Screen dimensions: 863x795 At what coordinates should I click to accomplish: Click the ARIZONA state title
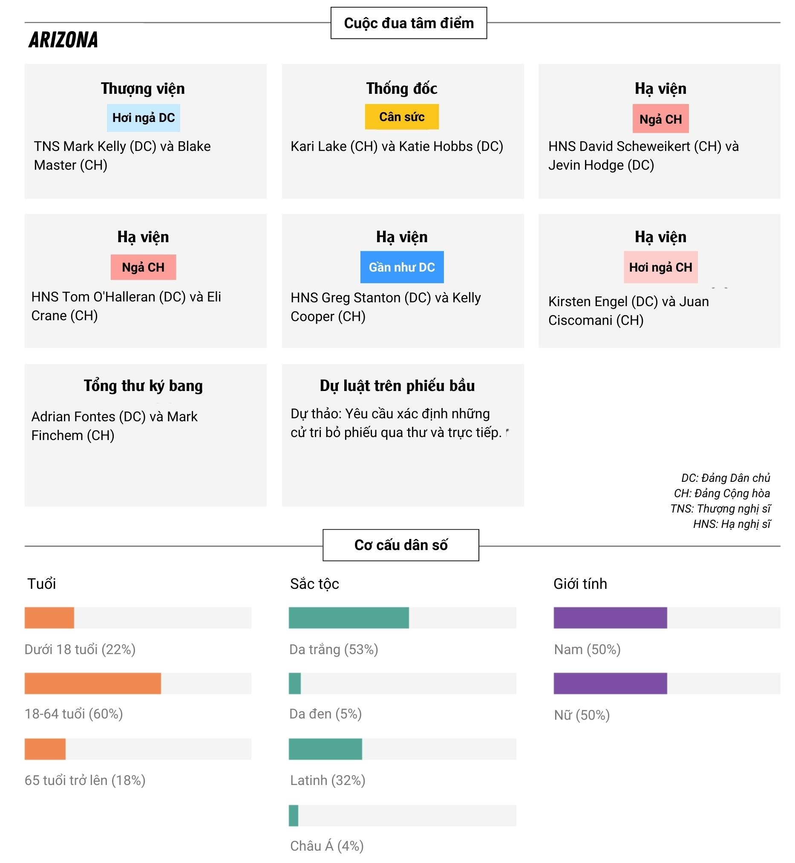tap(63, 40)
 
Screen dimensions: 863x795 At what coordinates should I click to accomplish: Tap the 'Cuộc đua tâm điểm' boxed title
tap(408, 23)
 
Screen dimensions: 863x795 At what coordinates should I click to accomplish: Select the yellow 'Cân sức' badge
tap(401, 117)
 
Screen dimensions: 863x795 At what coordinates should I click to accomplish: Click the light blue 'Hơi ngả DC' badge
tap(143, 118)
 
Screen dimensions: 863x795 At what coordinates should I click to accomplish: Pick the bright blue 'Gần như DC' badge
tap(401, 267)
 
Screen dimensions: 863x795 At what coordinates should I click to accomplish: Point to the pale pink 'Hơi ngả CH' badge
tap(660, 267)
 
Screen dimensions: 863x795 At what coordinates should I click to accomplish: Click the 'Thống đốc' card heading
tap(401, 88)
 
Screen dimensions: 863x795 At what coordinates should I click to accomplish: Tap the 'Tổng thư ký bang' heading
tap(143, 385)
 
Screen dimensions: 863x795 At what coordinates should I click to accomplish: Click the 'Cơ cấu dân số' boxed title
tap(400, 545)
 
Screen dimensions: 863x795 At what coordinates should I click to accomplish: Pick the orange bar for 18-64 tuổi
tap(92, 683)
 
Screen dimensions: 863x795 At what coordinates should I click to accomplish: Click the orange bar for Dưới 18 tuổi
tap(49, 617)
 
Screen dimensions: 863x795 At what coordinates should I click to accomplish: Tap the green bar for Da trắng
tap(349, 617)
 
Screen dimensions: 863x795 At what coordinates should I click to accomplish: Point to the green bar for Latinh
tap(325, 749)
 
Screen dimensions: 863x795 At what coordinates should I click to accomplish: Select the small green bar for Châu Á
tap(294, 815)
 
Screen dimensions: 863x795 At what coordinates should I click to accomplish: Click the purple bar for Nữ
tap(610, 683)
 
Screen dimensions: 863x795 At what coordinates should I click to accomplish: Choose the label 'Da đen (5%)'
tap(325, 714)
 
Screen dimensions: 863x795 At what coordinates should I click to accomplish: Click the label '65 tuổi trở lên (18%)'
tap(85, 780)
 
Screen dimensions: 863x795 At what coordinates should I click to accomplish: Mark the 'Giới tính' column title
tap(580, 584)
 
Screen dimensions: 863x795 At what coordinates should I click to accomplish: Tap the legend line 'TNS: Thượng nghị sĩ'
tap(720, 508)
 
